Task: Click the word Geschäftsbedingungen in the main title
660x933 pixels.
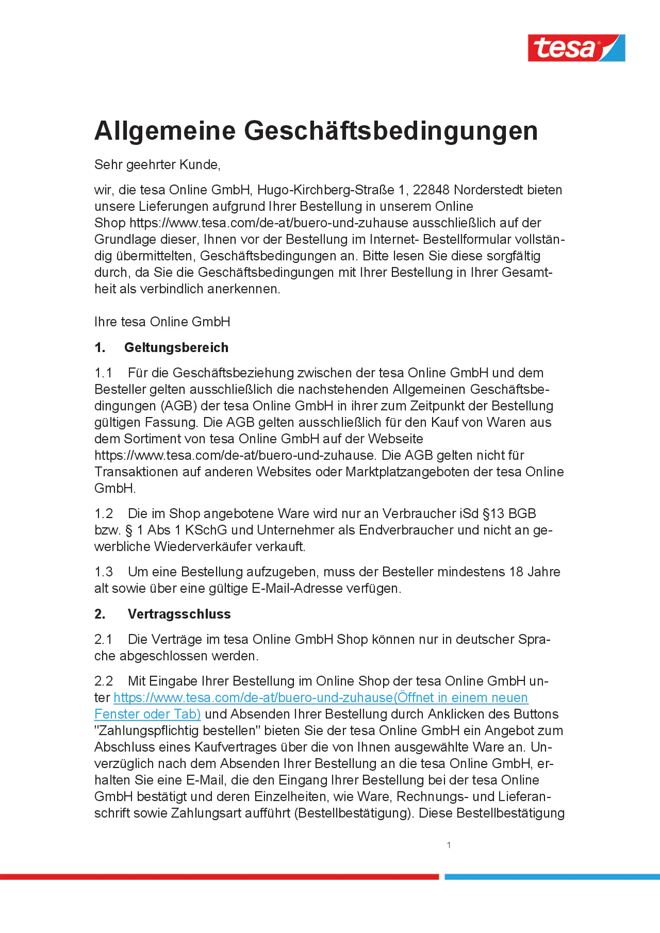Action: [390, 131]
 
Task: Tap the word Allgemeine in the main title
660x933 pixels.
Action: [165, 131]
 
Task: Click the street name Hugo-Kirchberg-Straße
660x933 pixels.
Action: [325, 190]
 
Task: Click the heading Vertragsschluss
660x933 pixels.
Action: [179, 613]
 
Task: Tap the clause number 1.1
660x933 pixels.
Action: [103, 373]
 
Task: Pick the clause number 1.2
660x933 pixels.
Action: [103, 513]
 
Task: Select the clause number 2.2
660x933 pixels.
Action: [103, 681]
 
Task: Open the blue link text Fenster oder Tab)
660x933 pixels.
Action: [148, 714]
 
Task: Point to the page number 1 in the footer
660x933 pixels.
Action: [449, 845]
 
